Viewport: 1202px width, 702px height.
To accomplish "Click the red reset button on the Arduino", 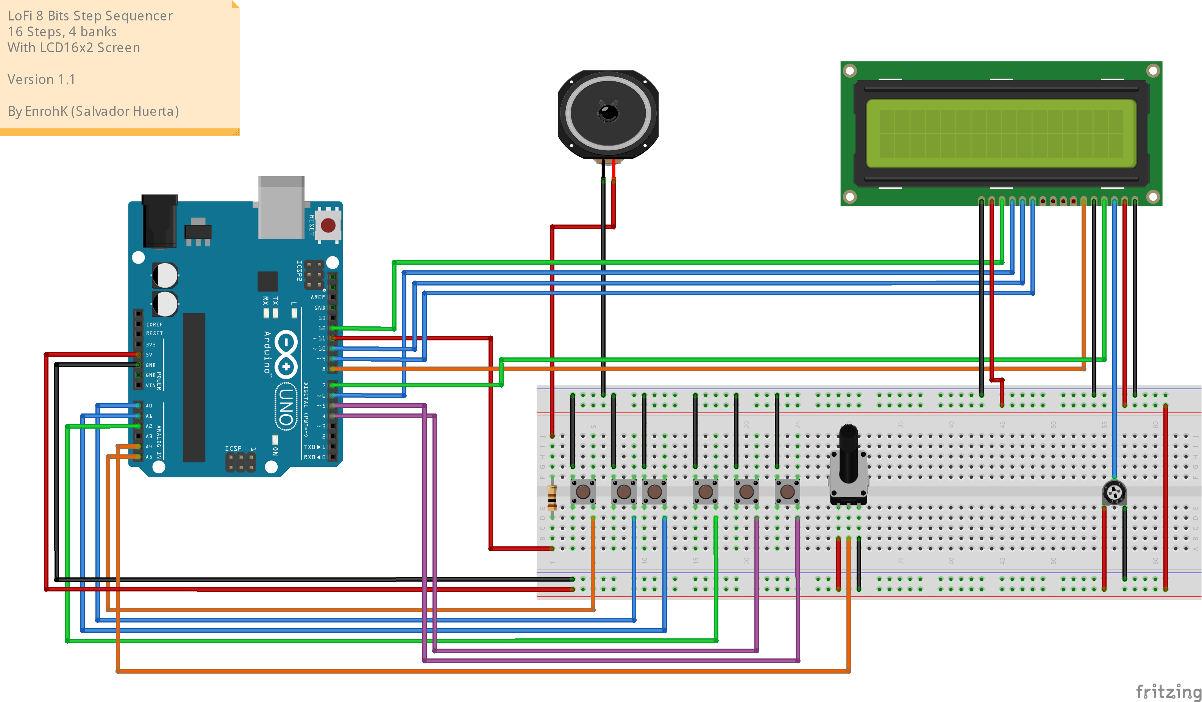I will [x=328, y=225].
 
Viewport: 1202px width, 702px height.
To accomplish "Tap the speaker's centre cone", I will [x=608, y=113].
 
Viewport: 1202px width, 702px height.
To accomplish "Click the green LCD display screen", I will [x=1001, y=134].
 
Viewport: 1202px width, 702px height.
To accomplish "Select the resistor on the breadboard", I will [x=552, y=498].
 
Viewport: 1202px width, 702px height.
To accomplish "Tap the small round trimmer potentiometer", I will [x=1114, y=492].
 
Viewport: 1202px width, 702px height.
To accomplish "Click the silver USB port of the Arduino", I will [x=281, y=207].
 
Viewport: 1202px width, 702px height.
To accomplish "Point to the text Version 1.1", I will [x=42, y=79].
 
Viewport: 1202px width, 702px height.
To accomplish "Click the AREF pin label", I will [x=318, y=297].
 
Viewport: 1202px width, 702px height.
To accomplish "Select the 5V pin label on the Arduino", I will [x=149, y=355].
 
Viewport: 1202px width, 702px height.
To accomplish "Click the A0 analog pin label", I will [x=149, y=406].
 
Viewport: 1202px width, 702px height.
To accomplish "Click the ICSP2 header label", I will [x=299, y=270].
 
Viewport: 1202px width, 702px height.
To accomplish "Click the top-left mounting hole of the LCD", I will [x=849, y=71].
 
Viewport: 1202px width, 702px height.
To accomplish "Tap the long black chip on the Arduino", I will [x=194, y=387].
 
